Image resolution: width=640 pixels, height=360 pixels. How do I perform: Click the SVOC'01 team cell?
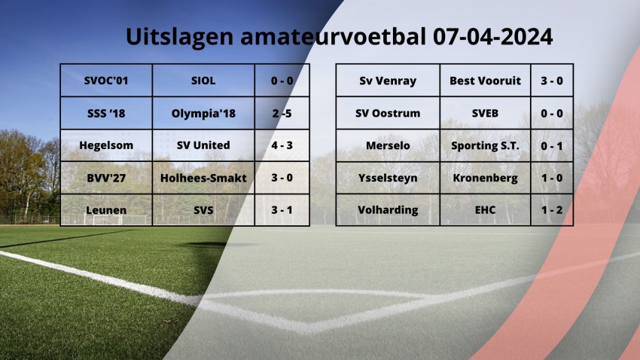coord(106,81)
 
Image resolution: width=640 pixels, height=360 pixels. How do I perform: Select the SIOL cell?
coord(203,81)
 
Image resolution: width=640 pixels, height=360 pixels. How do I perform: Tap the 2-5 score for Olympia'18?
coord(282,113)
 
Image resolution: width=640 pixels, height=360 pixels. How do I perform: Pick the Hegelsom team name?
coord(106,145)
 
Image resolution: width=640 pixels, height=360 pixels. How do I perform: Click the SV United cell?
coord(203,145)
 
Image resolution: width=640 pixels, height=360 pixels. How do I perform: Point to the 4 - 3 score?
coord(282,145)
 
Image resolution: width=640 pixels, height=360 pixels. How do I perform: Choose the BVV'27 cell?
coord(106,178)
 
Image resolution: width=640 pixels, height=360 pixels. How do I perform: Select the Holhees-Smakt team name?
coord(203,178)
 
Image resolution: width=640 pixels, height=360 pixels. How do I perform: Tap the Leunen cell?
coord(106,210)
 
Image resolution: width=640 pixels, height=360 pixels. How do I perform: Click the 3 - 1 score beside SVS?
coord(282,210)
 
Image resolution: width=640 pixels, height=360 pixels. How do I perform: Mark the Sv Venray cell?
coord(388,81)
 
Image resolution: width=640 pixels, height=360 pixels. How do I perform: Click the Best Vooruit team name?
coord(486,81)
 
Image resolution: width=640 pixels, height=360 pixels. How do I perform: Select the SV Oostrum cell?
coord(388,113)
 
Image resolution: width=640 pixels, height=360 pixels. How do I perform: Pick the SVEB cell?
coord(486,113)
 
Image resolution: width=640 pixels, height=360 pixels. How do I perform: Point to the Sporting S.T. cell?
coord(486,145)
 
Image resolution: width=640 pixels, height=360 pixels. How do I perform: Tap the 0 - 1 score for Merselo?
coord(552,145)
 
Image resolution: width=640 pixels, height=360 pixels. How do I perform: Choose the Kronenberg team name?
coord(486,178)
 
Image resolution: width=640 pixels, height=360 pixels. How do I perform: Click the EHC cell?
coord(486,210)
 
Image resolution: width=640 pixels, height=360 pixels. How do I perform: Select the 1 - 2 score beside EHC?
coord(552,210)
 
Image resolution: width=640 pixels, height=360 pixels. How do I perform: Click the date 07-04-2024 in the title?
coord(492,37)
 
